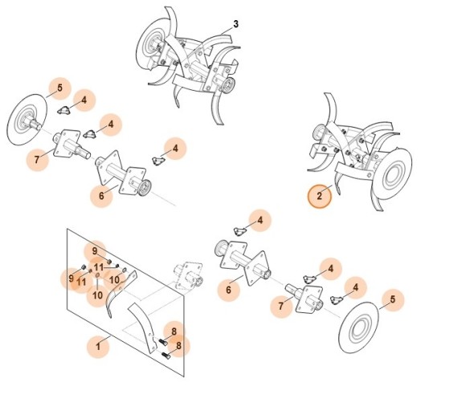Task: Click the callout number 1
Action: pyautogui.click(x=98, y=347)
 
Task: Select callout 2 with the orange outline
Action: pyautogui.click(x=319, y=196)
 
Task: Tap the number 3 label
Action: pyautogui.click(x=235, y=24)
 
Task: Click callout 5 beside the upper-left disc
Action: pyautogui.click(x=59, y=88)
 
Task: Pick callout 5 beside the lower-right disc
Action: pyautogui.click(x=392, y=301)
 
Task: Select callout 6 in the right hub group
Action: pyautogui.click(x=229, y=290)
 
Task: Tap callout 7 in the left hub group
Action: pyautogui.click(x=37, y=160)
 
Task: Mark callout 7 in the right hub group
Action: pyautogui.click(x=280, y=306)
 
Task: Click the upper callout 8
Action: pyautogui.click(x=174, y=331)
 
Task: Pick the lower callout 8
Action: pyautogui.click(x=178, y=347)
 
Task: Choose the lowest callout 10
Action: pyautogui.click(x=96, y=295)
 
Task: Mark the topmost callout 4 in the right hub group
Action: pyautogui.click(x=260, y=219)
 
